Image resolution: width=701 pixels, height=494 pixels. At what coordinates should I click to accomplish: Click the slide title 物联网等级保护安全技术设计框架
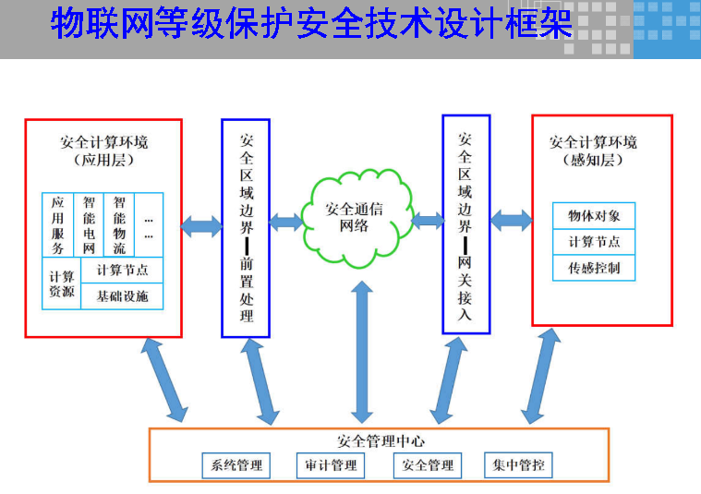311,25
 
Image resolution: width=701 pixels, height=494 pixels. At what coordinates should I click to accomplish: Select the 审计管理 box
331,465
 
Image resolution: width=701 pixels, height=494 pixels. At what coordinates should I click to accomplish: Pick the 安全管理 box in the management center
427,465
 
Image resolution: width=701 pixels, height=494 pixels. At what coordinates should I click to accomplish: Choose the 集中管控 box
518,465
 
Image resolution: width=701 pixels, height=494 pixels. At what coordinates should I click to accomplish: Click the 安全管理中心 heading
381,441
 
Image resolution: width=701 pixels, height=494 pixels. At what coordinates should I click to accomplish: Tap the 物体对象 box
594,216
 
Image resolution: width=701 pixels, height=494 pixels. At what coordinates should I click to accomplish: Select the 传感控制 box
594,269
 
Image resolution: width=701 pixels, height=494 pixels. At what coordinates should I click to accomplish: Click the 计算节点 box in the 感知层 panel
594,242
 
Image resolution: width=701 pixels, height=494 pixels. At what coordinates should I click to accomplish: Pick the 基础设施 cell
122,296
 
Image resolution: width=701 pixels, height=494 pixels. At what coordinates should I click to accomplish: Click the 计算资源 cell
62,283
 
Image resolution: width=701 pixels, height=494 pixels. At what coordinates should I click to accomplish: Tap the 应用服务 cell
58,225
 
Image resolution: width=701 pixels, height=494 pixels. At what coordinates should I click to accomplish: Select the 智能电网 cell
89,225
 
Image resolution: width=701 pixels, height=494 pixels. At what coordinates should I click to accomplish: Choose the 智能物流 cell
119,225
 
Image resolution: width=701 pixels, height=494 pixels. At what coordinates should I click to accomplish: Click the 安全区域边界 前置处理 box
246,227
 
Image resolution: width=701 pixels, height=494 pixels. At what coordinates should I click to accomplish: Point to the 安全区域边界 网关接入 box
465,223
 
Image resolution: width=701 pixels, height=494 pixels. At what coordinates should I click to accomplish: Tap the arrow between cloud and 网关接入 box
427,221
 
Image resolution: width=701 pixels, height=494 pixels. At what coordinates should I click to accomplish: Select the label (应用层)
103,160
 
